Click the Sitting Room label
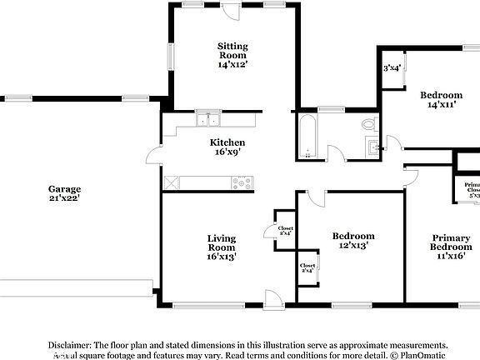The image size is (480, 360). coord(232,54)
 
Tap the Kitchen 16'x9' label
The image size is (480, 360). coord(227,147)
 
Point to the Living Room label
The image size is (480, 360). coord(221,247)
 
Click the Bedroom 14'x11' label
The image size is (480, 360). coord(441,100)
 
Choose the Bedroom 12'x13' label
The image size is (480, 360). coord(352,241)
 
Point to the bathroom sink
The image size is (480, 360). coord(372,148)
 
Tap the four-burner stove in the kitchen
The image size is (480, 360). coord(242,182)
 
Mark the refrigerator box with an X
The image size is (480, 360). coord(172,182)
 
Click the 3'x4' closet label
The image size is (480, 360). coord(392,68)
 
